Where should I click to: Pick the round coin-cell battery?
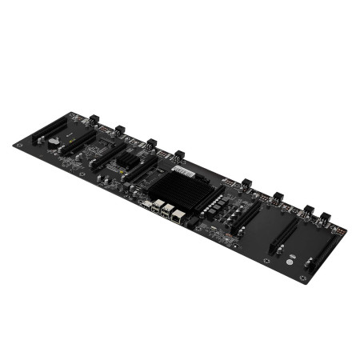click(x=52, y=140)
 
